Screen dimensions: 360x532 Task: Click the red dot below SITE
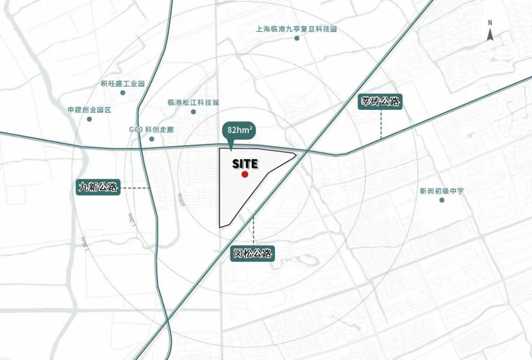(x=245, y=174)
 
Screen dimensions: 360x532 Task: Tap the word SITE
(x=244, y=164)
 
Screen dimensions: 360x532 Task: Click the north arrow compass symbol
(x=490, y=34)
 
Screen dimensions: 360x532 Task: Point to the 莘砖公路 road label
(x=381, y=102)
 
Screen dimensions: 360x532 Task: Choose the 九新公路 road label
(x=98, y=188)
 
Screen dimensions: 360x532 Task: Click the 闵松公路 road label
(x=253, y=253)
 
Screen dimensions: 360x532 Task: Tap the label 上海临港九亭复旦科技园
(x=296, y=29)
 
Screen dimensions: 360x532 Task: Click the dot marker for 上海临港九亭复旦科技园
(x=297, y=38)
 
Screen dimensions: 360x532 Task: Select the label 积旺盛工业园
(x=122, y=84)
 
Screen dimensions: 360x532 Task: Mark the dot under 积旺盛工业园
(x=123, y=92)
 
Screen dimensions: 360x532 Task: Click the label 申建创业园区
(x=89, y=110)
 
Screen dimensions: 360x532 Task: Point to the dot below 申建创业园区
(x=89, y=119)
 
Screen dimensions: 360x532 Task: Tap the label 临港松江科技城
(x=193, y=102)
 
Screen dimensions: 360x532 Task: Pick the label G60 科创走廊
(x=151, y=130)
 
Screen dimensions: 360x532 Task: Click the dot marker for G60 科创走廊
(x=151, y=139)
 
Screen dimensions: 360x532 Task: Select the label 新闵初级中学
(x=441, y=191)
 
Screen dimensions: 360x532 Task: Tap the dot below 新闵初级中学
(x=442, y=200)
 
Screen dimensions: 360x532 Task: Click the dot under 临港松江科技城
(x=193, y=111)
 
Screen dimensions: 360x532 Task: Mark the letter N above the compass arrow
(x=490, y=23)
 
